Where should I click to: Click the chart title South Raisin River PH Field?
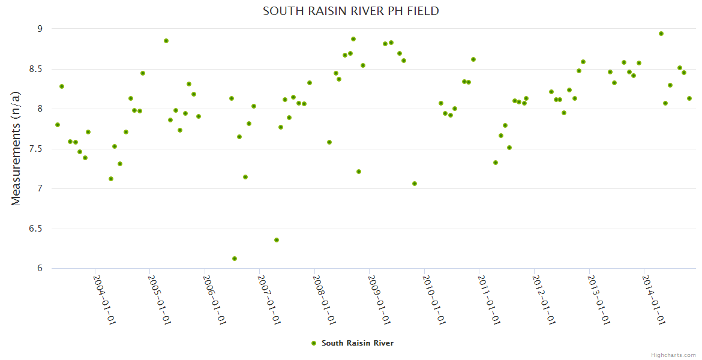[350, 11]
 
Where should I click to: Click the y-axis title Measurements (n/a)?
[16, 148]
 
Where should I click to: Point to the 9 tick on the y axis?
[40, 29]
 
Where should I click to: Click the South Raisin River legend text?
[358, 343]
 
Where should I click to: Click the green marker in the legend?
[313, 343]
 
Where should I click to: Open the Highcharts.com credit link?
[673, 355]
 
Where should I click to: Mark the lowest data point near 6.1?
[235, 259]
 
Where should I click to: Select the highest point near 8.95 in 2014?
[661, 34]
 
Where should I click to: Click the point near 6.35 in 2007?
[277, 240]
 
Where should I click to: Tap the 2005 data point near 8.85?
[166, 41]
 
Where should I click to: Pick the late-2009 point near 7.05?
[415, 184]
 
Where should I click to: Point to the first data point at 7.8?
[58, 125]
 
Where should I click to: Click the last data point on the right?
[689, 98]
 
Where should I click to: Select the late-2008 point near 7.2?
[359, 172]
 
